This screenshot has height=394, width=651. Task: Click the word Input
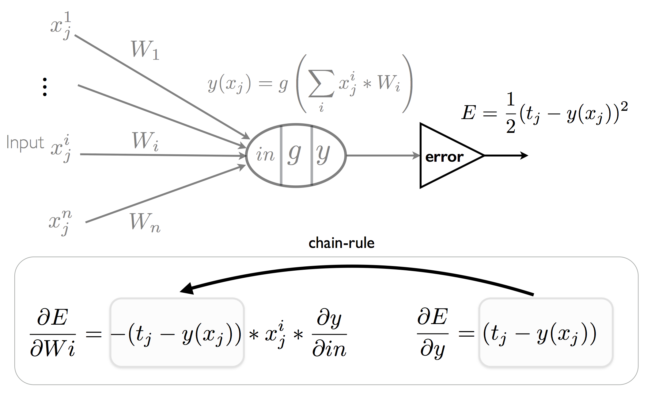pyautogui.click(x=25, y=143)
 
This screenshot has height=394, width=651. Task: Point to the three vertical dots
pyautogui.click(x=45, y=87)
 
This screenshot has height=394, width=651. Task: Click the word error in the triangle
pyautogui.click(x=444, y=157)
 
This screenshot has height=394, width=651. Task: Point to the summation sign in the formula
pyautogui.click(x=321, y=83)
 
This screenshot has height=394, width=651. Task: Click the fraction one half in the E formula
pyautogui.click(x=510, y=113)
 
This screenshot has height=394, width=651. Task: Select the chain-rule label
pyautogui.click(x=341, y=243)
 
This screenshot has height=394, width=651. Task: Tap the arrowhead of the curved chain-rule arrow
pyautogui.click(x=187, y=288)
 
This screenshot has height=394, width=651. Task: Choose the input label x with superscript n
pyautogui.click(x=60, y=222)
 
